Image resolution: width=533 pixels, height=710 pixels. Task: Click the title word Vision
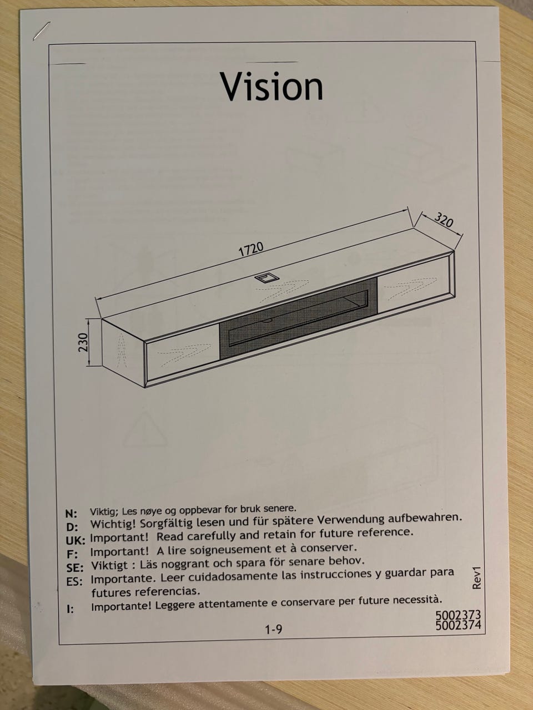pos(272,87)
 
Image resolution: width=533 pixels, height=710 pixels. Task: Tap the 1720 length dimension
pos(251,249)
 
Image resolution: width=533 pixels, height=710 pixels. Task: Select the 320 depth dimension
pos(444,220)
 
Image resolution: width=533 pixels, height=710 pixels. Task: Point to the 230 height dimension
pos(83,342)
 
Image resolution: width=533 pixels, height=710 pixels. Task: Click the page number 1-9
pos(274,629)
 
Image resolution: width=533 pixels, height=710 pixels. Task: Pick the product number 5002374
pos(458,625)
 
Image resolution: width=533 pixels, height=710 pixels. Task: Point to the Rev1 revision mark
pos(477,577)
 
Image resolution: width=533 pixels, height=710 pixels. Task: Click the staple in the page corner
pos(41,31)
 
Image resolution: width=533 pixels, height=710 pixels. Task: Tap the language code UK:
pos(76,540)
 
